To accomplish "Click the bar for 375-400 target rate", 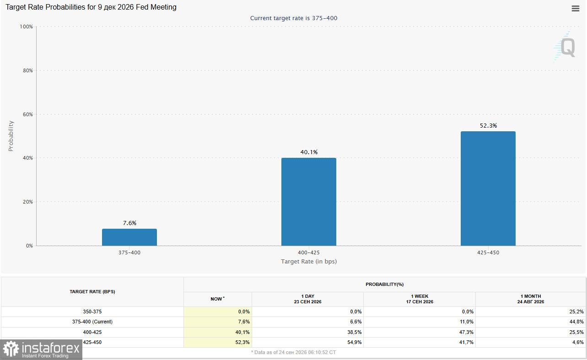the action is click(x=129, y=237).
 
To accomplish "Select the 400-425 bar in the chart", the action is click(x=309, y=202).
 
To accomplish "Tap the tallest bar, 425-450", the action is click(x=488, y=188).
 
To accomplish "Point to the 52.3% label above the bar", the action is click(x=488, y=126).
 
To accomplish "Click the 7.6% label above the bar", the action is click(x=130, y=223).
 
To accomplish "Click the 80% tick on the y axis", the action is click(x=28, y=70).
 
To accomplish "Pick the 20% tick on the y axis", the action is click(x=28, y=202).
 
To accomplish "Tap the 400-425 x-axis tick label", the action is click(x=309, y=253).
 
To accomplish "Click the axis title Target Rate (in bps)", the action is click(x=309, y=262).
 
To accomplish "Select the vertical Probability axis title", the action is click(x=11, y=136).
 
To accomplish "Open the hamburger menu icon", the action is click(x=576, y=8).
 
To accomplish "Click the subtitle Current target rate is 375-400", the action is click(x=294, y=18).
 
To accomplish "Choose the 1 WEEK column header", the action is click(x=420, y=299).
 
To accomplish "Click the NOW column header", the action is click(x=217, y=299).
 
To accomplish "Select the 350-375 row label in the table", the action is click(x=92, y=312).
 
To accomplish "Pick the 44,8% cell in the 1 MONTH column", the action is click(x=576, y=322).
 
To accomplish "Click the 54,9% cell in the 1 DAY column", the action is click(x=354, y=342).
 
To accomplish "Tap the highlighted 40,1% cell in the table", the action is click(x=242, y=332).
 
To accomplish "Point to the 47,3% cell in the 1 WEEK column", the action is click(x=466, y=332).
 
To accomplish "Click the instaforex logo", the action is click(x=41, y=349).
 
